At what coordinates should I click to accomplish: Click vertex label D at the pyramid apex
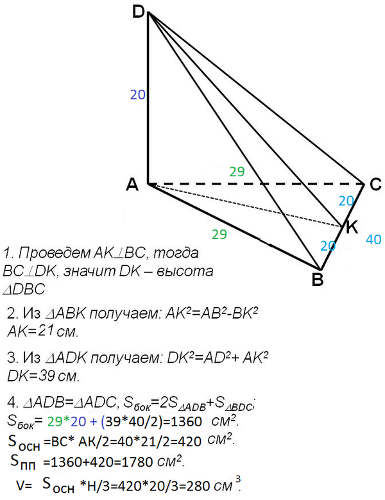(139, 12)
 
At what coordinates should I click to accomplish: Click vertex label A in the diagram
(132, 185)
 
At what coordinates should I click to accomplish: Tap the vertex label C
(376, 185)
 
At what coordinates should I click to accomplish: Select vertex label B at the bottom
(318, 279)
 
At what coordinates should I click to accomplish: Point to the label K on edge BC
(352, 228)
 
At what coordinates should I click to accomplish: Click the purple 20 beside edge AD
(138, 95)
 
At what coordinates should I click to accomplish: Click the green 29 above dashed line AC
(237, 172)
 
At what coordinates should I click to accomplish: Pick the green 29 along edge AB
(219, 235)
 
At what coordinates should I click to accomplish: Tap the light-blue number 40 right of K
(374, 240)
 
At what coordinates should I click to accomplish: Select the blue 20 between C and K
(346, 201)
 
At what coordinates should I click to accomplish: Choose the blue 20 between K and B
(328, 246)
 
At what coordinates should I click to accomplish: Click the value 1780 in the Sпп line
(137, 462)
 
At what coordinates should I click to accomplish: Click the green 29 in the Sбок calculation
(55, 422)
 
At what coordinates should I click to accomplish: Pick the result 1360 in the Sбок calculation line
(187, 422)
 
